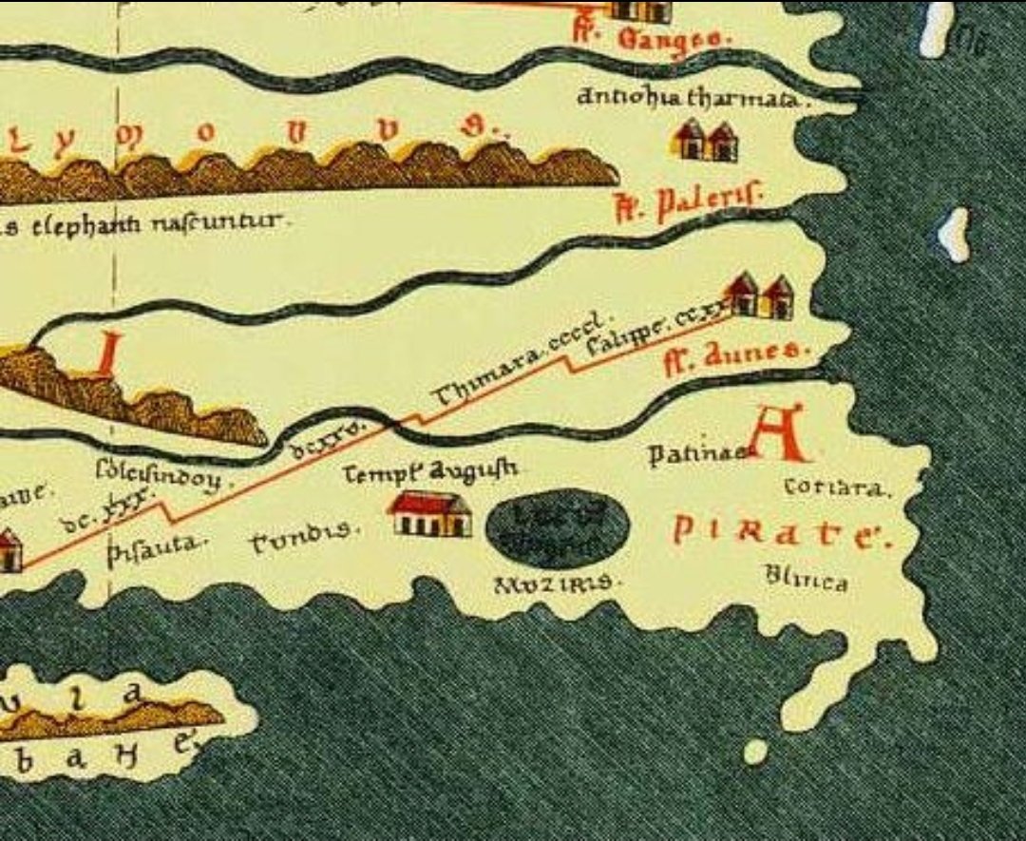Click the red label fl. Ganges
(651, 39)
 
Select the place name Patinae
(697, 455)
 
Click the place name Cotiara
(837, 488)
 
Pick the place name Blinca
(807, 579)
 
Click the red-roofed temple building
(429, 514)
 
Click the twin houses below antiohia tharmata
(705, 141)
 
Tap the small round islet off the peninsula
(755, 752)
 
